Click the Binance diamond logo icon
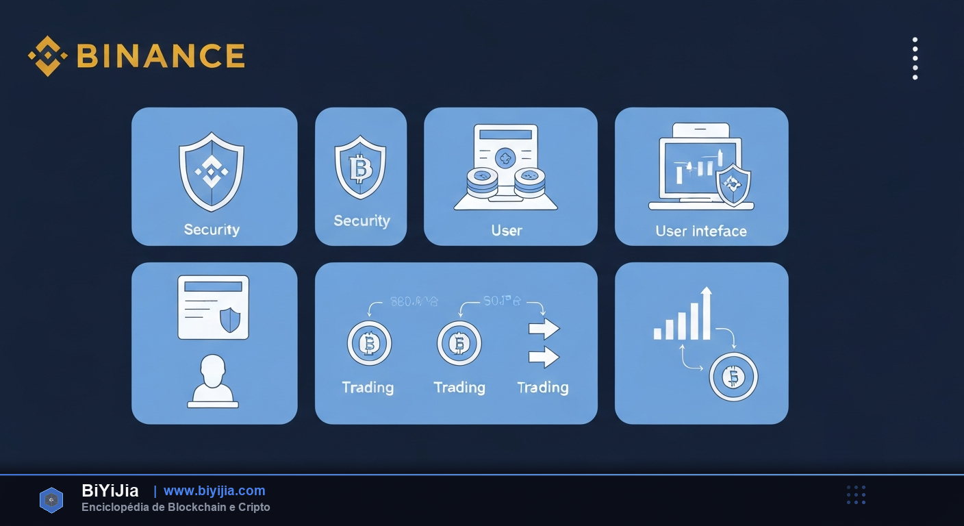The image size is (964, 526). (x=47, y=56)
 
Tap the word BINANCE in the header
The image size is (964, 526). (x=161, y=56)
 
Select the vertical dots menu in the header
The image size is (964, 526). (x=915, y=59)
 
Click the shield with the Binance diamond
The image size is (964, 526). (x=212, y=171)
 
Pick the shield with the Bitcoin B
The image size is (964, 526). (x=360, y=168)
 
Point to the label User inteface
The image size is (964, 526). (x=701, y=231)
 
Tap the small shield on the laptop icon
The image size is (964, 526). (x=733, y=184)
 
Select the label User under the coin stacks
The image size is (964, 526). (x=507, y=231)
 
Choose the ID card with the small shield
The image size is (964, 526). (x=213, y=308)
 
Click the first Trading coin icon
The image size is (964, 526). (x=369, y=343)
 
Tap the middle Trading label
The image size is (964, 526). (x=459, y=388)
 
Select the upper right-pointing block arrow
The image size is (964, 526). (x=544, y=329)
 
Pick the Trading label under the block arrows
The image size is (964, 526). (x=543, y=388)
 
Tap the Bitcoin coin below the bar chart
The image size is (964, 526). (x=733, y=376)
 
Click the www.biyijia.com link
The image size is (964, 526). (x=214, y=490)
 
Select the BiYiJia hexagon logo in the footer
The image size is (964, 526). (x=51, y=500)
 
